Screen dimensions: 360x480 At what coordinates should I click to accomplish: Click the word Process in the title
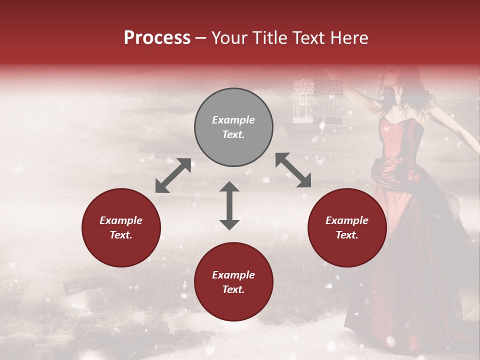(157, 38)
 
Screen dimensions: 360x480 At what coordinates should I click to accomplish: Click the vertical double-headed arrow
(229, 205)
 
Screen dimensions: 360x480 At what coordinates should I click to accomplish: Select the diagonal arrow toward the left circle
(173, 175)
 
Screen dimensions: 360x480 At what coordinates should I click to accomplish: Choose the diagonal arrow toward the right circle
(293, 170)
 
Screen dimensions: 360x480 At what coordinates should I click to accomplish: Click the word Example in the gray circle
(233, 120)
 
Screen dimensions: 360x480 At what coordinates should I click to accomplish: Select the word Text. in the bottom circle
(233, 289)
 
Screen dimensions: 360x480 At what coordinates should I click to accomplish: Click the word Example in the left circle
(121, 220)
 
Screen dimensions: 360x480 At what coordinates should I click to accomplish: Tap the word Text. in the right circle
(347, 235)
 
